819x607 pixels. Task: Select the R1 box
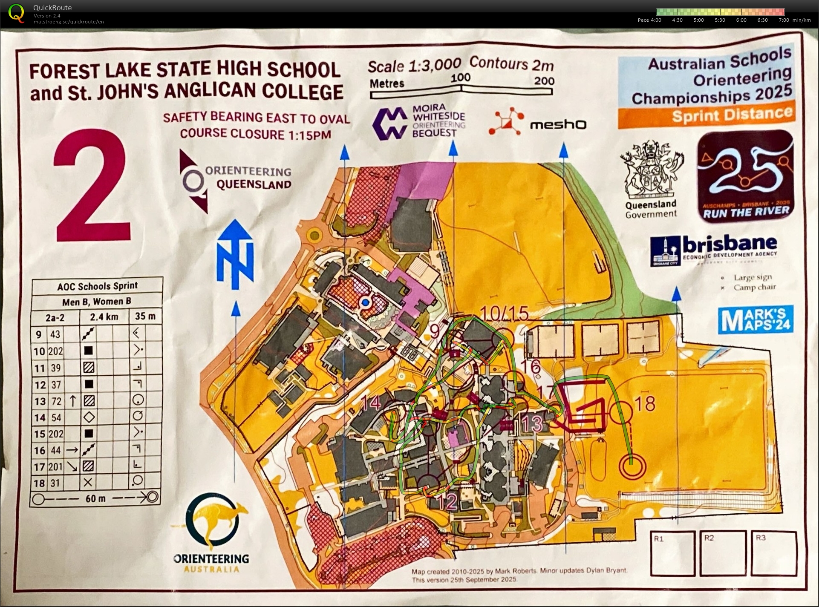672,553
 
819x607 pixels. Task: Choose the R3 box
773,553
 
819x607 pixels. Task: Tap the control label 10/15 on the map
504,314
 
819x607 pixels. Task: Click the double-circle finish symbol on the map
632,465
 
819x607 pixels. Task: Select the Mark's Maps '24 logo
755,319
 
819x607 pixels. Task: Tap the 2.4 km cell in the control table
104,317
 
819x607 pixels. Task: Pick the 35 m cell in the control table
145,316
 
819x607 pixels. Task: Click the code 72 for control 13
56,401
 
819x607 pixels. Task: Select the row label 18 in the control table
39,483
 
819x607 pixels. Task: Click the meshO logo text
558,124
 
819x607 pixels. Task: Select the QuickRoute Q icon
16,13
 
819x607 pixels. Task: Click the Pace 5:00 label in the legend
698,20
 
